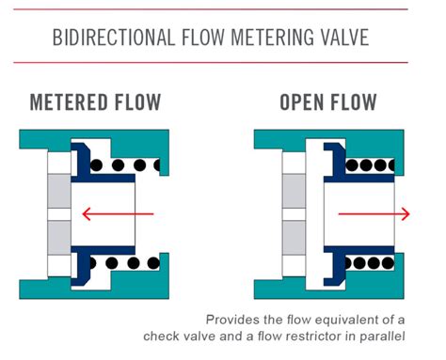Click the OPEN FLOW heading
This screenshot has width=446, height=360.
(329, 102)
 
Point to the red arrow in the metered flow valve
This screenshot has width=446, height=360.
(118, 214)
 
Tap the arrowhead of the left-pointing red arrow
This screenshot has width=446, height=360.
(87, 214)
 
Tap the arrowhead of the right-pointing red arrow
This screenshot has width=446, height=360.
(405, 214)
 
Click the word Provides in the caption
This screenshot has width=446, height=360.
(233, 318)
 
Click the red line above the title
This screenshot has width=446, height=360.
(223, 9)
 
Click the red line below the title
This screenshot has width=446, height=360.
(223, 63)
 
